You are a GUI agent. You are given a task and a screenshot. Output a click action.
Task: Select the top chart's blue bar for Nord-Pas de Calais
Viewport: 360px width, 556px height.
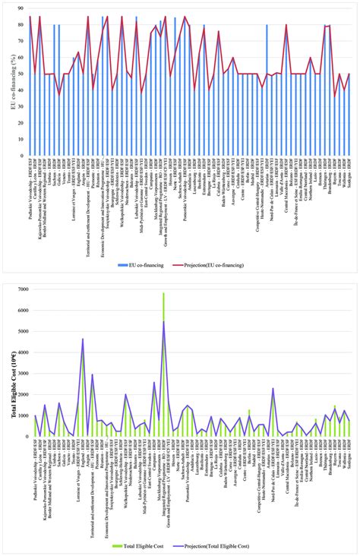tap(267, 90)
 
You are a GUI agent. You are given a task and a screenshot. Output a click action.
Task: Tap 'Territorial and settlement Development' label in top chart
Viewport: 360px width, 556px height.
tap(88, 199)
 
